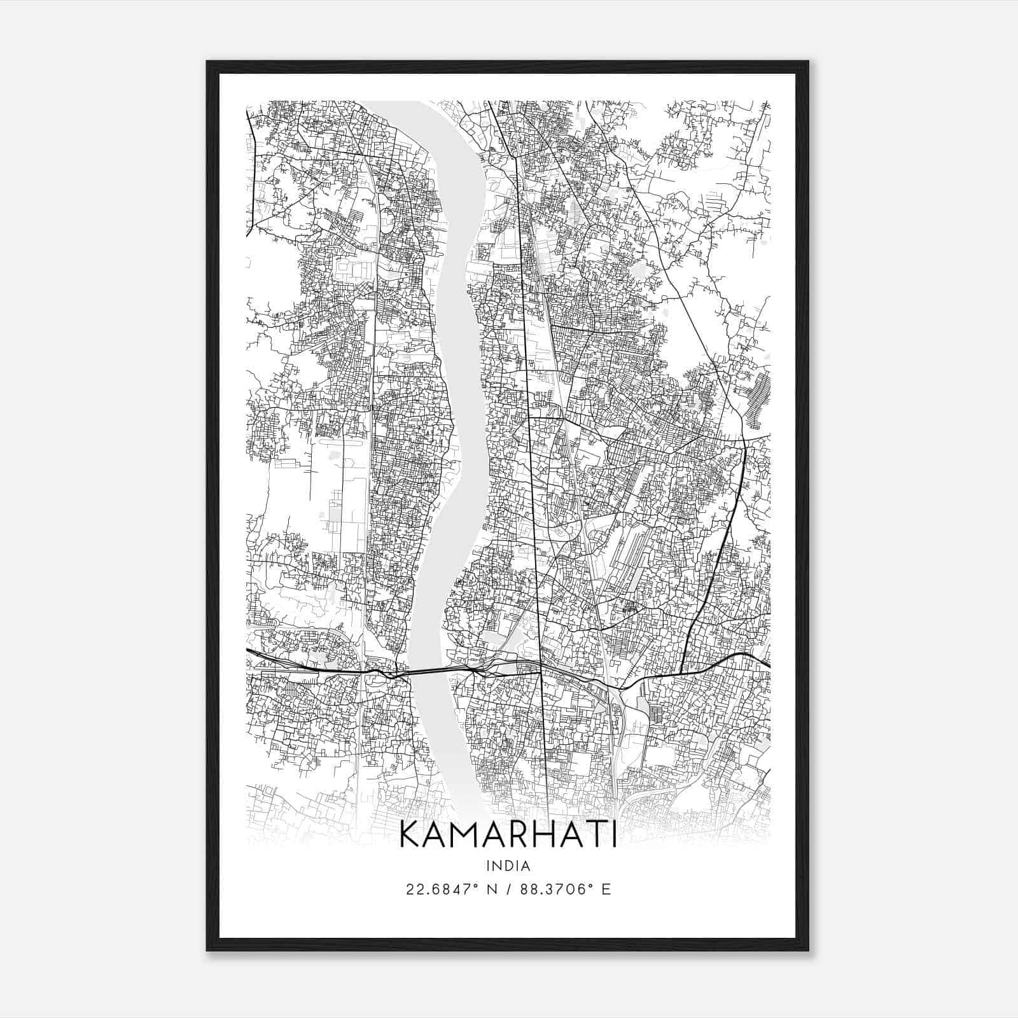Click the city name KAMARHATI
pos(508,835)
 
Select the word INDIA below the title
pos(508,866)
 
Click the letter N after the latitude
pos(492,889)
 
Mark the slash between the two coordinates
pos(508,889)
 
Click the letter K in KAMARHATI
pos(409,835)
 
